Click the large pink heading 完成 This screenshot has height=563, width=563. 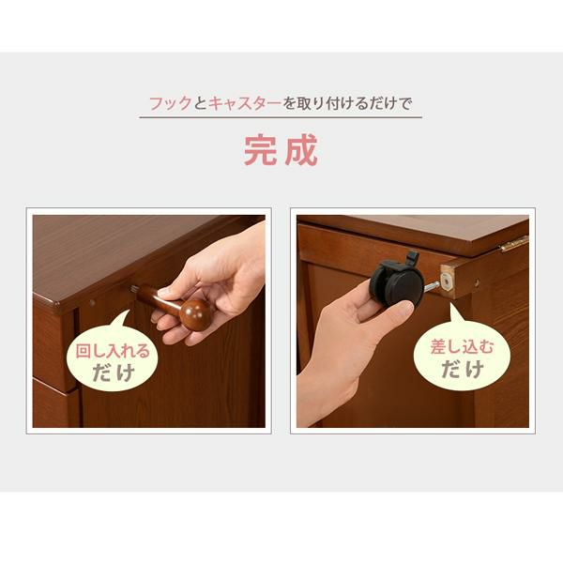click(281, 150)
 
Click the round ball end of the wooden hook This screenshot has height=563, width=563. click(196, 314)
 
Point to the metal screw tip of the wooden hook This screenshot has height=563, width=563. click(134, 290)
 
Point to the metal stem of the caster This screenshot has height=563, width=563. click(432, 287)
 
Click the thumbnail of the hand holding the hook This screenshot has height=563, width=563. click(207, 281)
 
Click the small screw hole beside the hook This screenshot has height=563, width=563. click(92, 302)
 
